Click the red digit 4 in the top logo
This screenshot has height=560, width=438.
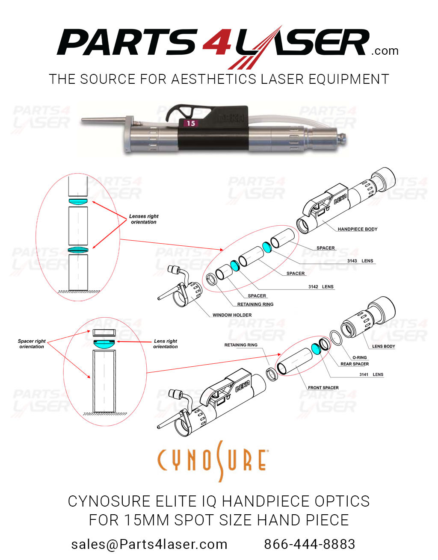point(217,43)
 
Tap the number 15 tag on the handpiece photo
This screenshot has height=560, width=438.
point(191,123)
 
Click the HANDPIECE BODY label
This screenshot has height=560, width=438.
point(357,229)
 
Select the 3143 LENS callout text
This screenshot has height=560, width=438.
point(360,261)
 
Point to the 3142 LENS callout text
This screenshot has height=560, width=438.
point(321,287)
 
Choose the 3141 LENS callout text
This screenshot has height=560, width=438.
point(371,374)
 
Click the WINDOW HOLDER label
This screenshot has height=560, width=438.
point(232,315)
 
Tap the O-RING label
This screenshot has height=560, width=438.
point(359,357)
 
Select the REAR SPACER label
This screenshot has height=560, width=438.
point(355,364)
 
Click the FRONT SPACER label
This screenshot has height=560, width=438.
point(323,388)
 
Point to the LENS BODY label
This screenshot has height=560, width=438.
point(383,346)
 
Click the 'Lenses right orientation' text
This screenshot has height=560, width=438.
point(144,219)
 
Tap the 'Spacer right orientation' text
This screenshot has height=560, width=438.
point(32,344)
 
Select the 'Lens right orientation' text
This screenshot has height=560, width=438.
point(165,344)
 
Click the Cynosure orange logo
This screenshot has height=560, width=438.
point(213,460)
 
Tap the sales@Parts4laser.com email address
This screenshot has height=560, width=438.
point(149,544)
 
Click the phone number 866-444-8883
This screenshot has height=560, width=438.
point(309,544)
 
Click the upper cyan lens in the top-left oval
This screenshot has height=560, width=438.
point(78,201)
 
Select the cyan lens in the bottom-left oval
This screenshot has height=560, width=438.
point(104,342)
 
